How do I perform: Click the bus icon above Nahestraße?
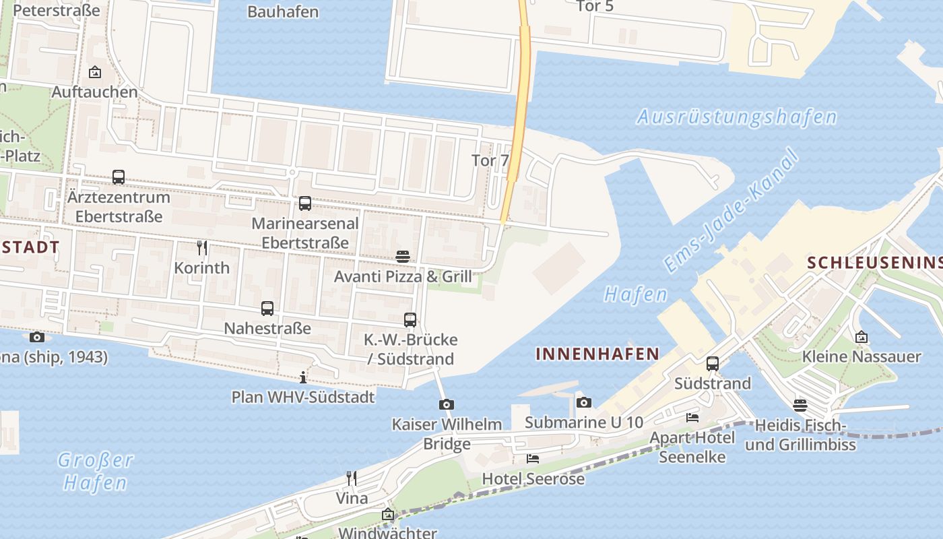click(267, 309)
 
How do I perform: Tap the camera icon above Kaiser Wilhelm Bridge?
click(446, 404)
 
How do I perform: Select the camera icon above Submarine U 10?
click(584, 402)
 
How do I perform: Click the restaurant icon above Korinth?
click(201, 248)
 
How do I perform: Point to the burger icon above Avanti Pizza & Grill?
click(403, 257)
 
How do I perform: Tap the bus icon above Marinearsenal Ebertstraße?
click(305, 203)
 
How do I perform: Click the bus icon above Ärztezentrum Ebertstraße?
click(119, 177)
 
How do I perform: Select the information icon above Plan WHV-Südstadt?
click(303, 377)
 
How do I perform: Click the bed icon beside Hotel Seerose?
click(533, 459)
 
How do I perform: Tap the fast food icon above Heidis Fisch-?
click(800, 405)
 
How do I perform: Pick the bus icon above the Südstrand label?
click(713, 364)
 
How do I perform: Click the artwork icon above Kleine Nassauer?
click(861, 337)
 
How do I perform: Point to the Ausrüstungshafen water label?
click(736, 117)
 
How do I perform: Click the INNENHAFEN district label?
click(597, 354)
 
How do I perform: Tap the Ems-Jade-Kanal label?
click(731, 211)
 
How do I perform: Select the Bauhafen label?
click(283, 11)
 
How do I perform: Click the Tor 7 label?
click(490, 160)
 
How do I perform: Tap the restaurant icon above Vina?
click(352, 478)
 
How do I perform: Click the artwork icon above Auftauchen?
click(95, 72)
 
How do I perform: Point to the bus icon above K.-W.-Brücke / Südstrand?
click(410, 319)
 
